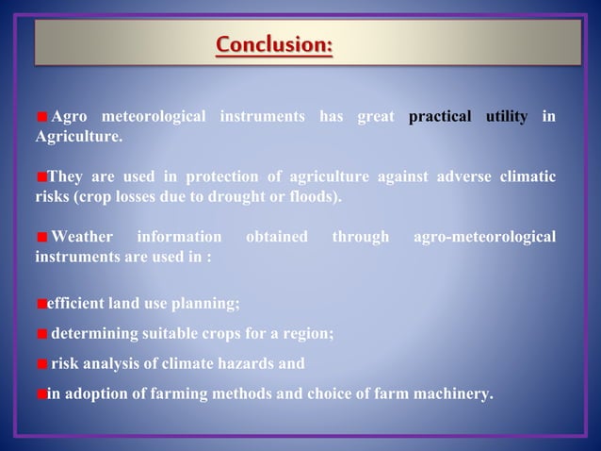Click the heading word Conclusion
tap(273, 44)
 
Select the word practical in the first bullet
tap(440, 117)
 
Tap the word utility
tap(506, 117)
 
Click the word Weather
tap(81, 236)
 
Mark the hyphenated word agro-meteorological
tap(484, 236)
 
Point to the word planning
tap(208, 304)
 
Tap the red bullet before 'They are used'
tap(41, 177)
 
